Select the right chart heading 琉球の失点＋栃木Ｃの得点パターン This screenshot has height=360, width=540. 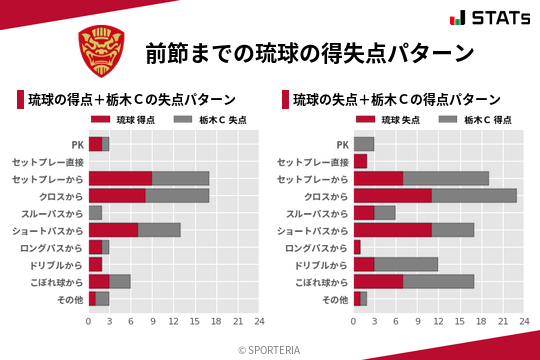point(396,100)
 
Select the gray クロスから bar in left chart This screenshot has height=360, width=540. point(177,196)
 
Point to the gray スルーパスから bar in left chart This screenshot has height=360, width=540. point(95,213)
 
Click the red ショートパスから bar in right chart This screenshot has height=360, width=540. point(392,230)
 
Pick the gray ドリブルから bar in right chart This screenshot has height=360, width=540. point(406,264)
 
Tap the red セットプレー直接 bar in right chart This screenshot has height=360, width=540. point(360,161)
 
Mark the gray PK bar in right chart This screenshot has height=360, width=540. point(364,144)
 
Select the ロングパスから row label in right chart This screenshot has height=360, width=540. point(316,247)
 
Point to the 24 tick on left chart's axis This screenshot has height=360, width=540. point(259,321)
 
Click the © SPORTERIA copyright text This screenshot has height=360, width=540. point(270,349)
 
